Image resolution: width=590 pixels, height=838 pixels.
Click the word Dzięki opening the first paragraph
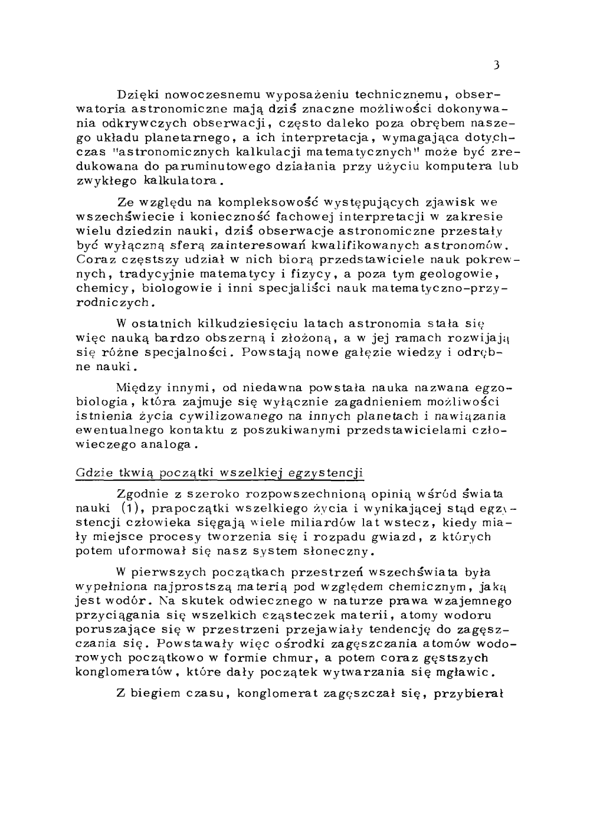[138, 95]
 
